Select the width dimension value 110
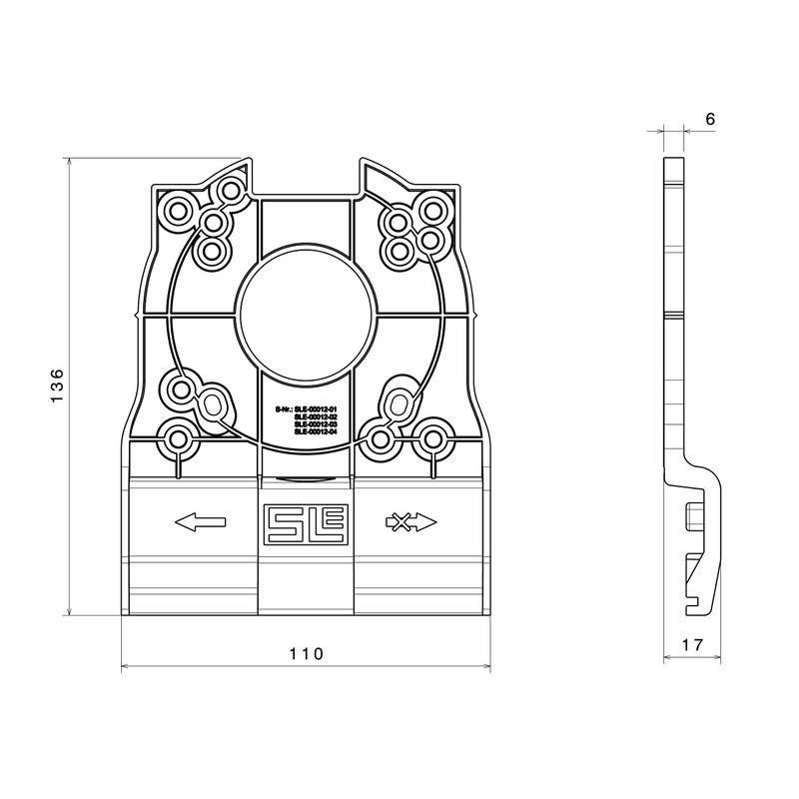(306, 654)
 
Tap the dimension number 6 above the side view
(710, 119)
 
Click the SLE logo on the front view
(306, 522)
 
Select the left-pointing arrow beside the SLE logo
(200, 521)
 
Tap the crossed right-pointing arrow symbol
(409, 521)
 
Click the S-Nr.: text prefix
(285, 408)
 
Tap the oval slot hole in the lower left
(213, 404)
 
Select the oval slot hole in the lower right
(398, 404)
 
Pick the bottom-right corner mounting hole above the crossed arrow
(431, 437)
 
